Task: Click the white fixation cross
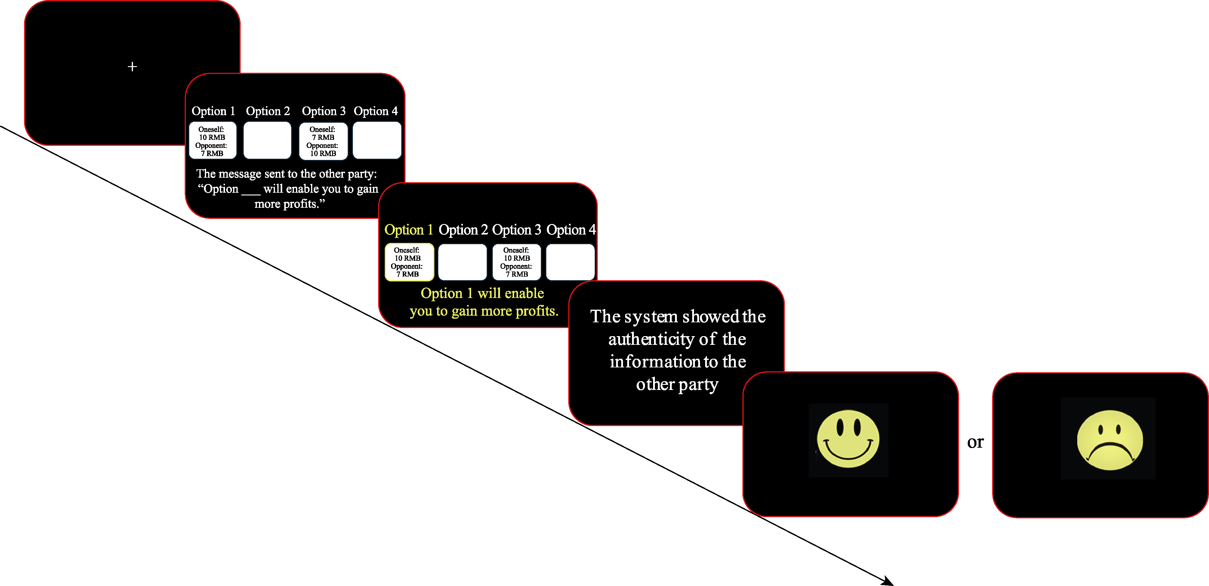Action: pyautogui.click(x=132, y=67)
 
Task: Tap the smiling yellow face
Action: pyautogui.click(x=848, y=439)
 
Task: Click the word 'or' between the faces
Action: pyautogui.click(x=975, y=442)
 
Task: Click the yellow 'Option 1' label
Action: pyautogui.click(x=408, y=230)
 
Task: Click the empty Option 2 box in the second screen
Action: pyautogui.click(x=267, y=141)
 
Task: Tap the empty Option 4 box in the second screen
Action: pyautogui.click(x=377, y=141)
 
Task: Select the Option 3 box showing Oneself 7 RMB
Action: pyautogui.click(x=323, y=141)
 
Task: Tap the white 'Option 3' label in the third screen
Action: pyautogui.click(x=516, y=230)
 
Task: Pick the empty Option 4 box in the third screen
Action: pyautogui.click(x=570, y=262)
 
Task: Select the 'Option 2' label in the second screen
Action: pyautogui.click(x=268, y=111)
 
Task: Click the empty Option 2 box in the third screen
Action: pyautogui.click(x=462, y=262)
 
